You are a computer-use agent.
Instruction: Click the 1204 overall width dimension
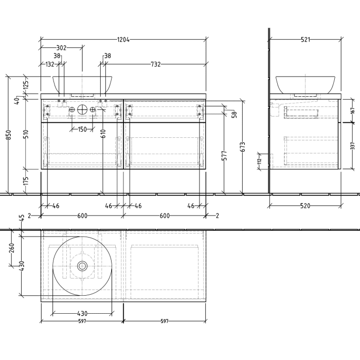tap(123, 39)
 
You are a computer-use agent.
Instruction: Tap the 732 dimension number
tap(156, 64)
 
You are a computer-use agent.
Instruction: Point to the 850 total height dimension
tap(8, 135)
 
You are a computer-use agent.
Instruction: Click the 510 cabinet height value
tap(26, 134)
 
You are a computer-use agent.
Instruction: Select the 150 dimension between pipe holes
tap(82, 129)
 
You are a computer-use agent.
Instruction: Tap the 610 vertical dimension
tap(103, 134)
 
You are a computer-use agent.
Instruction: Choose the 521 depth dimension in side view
tap(305, 39)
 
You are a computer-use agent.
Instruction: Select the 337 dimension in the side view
tap(352, 146)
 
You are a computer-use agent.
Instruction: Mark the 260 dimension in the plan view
tap(12, 251)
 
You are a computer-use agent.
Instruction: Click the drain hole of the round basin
tap(82, 266)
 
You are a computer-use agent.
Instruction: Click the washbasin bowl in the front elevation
tap(82, 83)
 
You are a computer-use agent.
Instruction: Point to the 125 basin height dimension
tap(26, 82)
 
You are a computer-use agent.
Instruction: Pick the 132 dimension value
tap(50, 64)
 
